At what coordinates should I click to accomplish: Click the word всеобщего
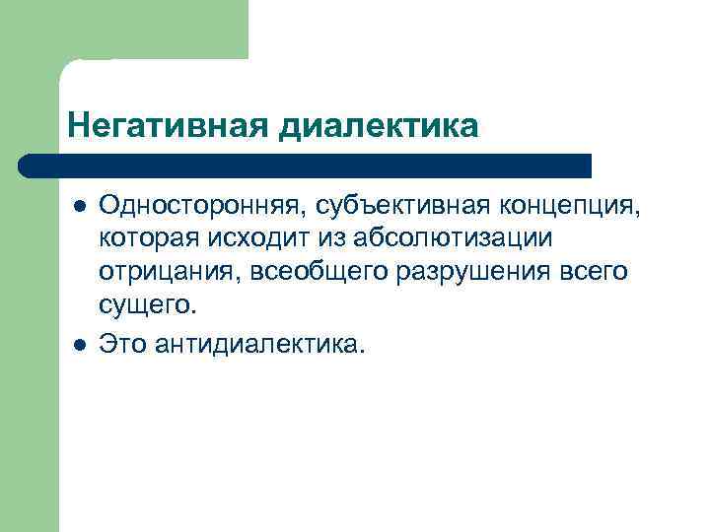294,272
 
